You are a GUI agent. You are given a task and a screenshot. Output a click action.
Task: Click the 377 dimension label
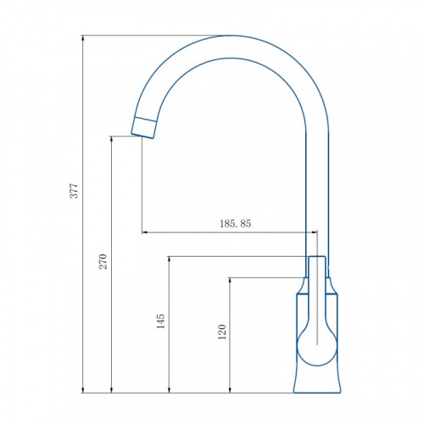tap(74, 191)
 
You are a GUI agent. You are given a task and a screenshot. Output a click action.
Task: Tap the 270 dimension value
tap(103, 261)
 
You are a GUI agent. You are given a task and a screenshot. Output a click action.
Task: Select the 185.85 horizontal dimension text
tap(236, 224)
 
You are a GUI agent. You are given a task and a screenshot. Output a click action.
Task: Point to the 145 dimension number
tap(160, 321)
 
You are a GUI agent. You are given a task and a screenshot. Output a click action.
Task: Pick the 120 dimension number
tap(222, 332)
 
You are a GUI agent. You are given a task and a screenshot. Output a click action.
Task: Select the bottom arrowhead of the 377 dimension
tap(83, 389)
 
